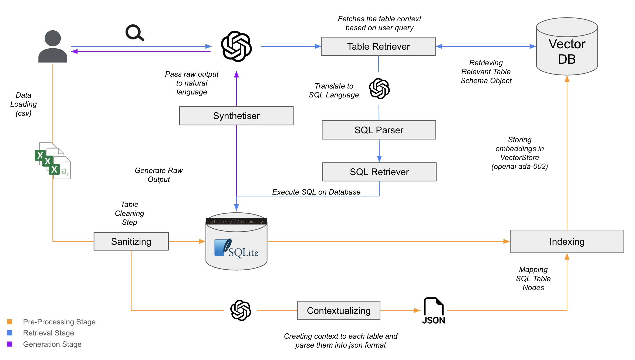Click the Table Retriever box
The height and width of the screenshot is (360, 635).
pyautogui.click(x=378, y=46)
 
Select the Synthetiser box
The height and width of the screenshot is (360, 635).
pyautogui.click(x=236, y=116)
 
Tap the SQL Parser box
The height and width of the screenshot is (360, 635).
pyautogui.click(x=379, y=130)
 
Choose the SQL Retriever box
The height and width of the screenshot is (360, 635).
pyautogui.click(x=379, y=172)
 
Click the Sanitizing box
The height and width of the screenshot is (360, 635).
pyautogui.click(x=131, y=242)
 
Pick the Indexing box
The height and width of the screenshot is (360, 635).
pyautogui.click(x=567, y=242)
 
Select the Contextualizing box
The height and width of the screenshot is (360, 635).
pyautogui.click(x=339, y=311)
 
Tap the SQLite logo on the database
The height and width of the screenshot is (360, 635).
pyautogui.click(x=236, y=248)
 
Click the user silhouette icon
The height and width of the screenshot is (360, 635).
pyautogui.click(x=53, y=46)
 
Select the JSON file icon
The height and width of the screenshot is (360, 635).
pyautogui.click(x=434, y=310)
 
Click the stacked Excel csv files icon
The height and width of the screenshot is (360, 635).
pyautogui.click(x=53, y=160)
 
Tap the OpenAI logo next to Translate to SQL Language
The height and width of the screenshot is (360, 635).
pyautogui.click(x=379, y=89)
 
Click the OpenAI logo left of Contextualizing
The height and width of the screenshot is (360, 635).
pyautogui.click(x=241, y=310)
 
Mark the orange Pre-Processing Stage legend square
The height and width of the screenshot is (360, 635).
pyautogui.click(x=10, y=322)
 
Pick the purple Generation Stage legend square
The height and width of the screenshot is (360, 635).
pyautogui.click(x=10, y=344)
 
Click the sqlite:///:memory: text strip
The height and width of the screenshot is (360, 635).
pyautogui.click(x=236, y=222)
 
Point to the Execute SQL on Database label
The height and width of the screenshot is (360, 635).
pyautogui.click(x=316, y=192)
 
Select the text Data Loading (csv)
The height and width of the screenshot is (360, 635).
pyautogui.click(x=23, y=104)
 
